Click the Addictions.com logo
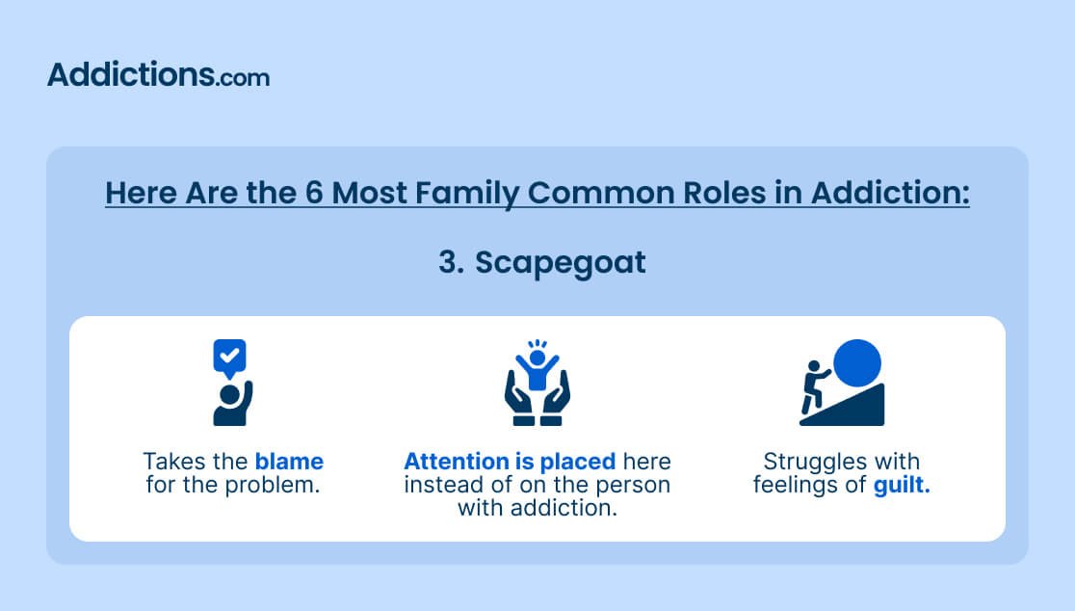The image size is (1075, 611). pyautogui.click(x=158, y=75)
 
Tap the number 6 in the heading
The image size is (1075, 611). pyautogui.click(x=314, y=192)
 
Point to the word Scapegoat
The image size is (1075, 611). pyautogui.click(x=560, y=263)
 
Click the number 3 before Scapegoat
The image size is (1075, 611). pyautogui.click(x=451, y=262)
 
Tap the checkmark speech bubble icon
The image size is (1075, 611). pyautogui.click(x=229, y=358)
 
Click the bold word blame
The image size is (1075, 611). pyautogui.click(x=289, y=461)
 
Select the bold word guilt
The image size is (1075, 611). pyautogui.click(x=902, y=486)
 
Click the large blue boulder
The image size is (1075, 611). pyautogui.click(x=857, y=362)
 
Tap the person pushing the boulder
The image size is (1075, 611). pyautogui.click(x=815, y=386)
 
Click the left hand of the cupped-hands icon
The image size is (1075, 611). pyautogui.click(x=520, y=398)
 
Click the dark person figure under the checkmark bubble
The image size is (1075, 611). pyautogui.click(x=232, y=404)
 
